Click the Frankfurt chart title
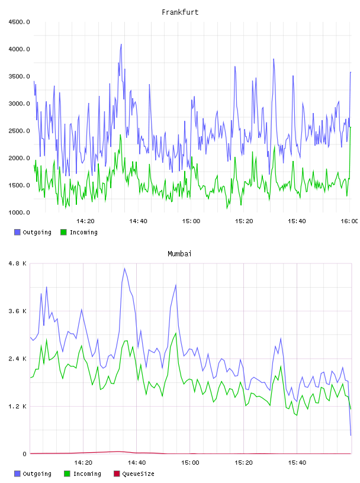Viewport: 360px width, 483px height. tap(180, 12)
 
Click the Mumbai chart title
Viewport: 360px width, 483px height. tap(179, 254)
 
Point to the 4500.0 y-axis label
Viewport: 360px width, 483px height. tap(19, 22)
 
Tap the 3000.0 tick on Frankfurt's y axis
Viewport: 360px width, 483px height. tap(19, 104)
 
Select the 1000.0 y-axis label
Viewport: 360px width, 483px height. tap(19, 212)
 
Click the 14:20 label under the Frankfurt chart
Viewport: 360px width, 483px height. tap(85, 221)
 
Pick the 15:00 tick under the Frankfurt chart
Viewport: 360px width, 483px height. tap(191, 221)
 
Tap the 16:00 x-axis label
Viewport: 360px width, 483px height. tap(349, 221)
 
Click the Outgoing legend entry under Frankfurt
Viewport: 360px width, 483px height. tap(33, 232)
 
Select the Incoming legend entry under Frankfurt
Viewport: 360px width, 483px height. tap(79, 232)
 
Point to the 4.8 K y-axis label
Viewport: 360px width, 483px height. tap(18, 263)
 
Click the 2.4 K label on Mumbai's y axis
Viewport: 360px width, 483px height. tap(18, 359)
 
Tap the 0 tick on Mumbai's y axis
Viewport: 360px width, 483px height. tap(25, 454)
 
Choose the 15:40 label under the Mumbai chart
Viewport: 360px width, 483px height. tap(297, 463)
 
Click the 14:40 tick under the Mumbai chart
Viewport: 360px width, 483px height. tap(137, 463)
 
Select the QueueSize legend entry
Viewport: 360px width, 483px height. tap(134, 474)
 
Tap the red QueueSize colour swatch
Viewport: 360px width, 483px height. tap(117, 474)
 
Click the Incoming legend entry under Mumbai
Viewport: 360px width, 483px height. tap(82, 474)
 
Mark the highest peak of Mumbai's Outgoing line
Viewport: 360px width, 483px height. tap(124, 268)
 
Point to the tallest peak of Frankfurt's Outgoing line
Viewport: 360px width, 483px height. tap(121, 44)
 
